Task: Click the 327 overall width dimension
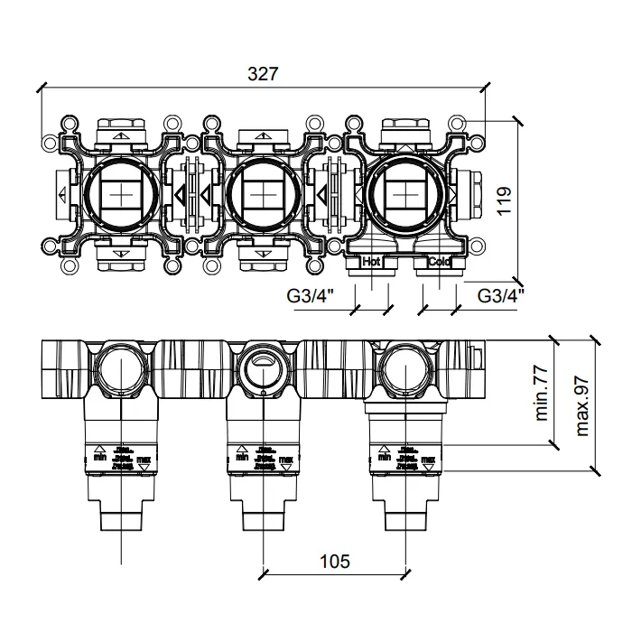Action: (263, 75)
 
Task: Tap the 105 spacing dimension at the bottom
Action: (335, 562)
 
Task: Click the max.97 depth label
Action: (582, 405)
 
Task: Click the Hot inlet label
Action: (370, 262)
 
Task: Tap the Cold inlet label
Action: (439, 262)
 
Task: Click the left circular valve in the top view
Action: (120, 195)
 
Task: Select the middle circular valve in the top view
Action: (262, 195)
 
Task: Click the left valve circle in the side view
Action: (120, 367)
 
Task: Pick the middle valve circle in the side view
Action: (262, 367)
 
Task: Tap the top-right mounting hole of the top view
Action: (460, 122)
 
